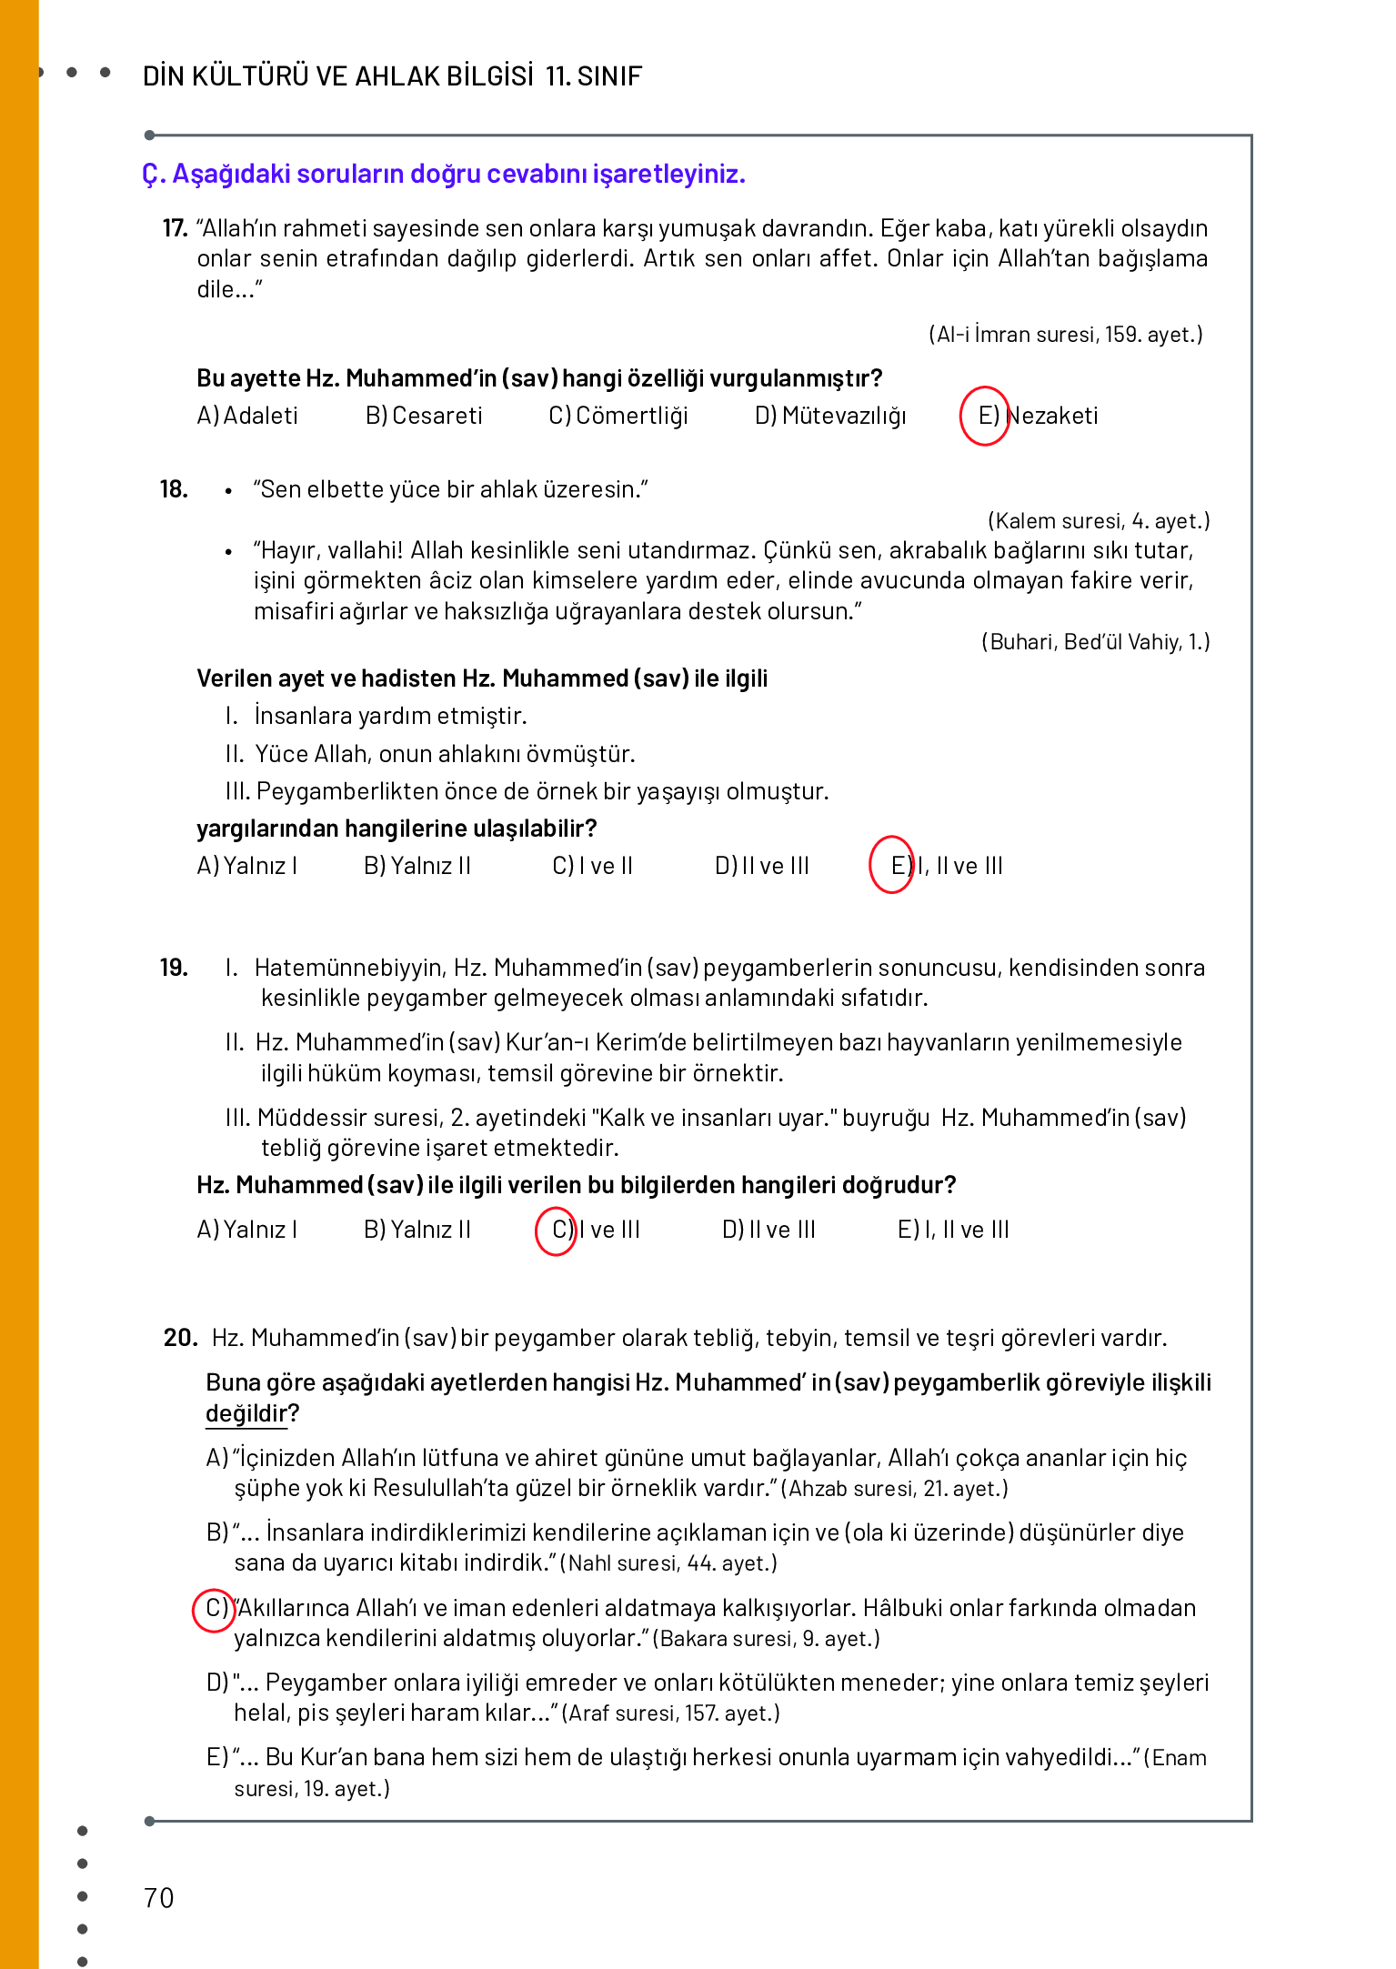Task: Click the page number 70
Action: (x=159, y=1898)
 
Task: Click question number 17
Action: (x=174, y=228)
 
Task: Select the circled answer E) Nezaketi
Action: (x=986, y=416)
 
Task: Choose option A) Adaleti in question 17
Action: (x=247, y=416)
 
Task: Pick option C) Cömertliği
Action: (x=618, y=416)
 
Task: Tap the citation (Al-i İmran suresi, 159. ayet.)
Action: (x=1065, y=335)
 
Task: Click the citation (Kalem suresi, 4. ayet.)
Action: (x=1099, y=521)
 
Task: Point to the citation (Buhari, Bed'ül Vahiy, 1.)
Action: (x=1096, y=642)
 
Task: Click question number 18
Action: (x=174, y=489)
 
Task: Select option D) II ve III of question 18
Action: (x=762, y=866)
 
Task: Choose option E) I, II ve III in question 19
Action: (x=953, y=1230)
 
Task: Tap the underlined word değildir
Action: (x=246, y=1413)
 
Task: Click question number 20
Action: (x=180, y=1338)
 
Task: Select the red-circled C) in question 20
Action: (x=215, y=1609)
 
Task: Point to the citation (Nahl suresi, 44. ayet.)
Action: (x=668, y=1563)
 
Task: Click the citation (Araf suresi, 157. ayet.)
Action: (x=671, y=1713)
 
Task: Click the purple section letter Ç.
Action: (x=151, y=174)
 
